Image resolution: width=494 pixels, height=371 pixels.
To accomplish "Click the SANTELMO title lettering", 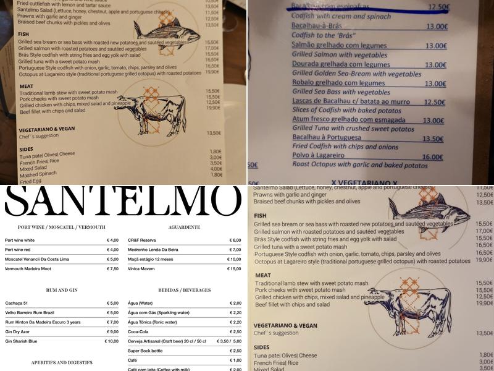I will (122, 202).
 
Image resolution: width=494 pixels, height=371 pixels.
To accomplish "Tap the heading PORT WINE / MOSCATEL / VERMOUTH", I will (62, 227).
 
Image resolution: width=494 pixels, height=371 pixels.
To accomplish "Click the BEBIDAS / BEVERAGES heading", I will (184, 289).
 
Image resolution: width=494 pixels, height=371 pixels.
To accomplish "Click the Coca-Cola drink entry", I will (140, 331).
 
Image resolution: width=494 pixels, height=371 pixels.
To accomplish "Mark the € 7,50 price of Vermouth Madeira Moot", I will (112, 268).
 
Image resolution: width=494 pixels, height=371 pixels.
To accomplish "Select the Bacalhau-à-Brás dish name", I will (319, 27).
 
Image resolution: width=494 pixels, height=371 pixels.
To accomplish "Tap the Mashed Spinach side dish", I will (39, 174).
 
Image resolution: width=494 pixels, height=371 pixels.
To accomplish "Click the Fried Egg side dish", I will (30, 181).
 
